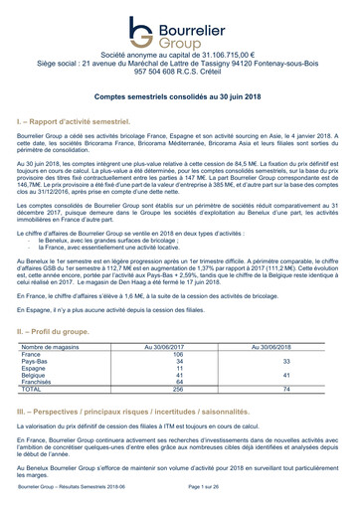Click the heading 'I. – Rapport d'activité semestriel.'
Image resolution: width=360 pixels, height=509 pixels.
[x=81, y=119]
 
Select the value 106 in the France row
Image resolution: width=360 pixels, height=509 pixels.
[x=178, y=354]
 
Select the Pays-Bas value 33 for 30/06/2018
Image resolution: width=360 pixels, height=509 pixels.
[x=286, y=362]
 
